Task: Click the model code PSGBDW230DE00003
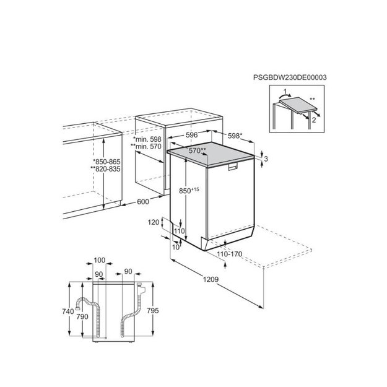(x=290, y=77)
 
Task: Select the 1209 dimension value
(x=211, y=279)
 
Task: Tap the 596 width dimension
(x=192, y=135)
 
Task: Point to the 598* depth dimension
(x=235, y=136)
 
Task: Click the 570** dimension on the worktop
(x=197, y=150)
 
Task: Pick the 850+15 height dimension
(x=189, y=190)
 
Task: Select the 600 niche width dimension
(x=143, y=202)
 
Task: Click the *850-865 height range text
(x=107, y=162)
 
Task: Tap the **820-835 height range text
(x=105, y=169)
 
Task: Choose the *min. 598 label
(x=147, y=139)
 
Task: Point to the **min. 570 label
(x=146, y=146)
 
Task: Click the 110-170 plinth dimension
(x=230, y=254)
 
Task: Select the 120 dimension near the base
(x=154, y=222)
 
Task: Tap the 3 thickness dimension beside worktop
(x=266, y=159)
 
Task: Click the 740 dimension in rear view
(x=68, y=311)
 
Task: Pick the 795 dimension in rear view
(x=153, y=310)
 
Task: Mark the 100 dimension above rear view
(x=100, y=260)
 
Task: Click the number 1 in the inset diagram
(x=285, y=92)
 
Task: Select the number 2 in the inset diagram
(x=314, y=120)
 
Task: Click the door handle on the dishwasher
(x=232, y=167)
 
